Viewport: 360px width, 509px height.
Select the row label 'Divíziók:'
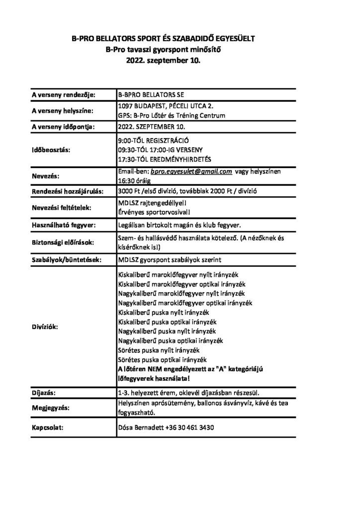pyautogui.click(x=45, y=328)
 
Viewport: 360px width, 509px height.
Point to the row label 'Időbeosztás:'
pyautogui.click(x=51, y=149)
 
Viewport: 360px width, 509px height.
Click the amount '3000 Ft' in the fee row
pyautogui.click(x=129, y=191)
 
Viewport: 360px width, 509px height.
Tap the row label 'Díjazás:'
pyautogui.click(x=42, y=393)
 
